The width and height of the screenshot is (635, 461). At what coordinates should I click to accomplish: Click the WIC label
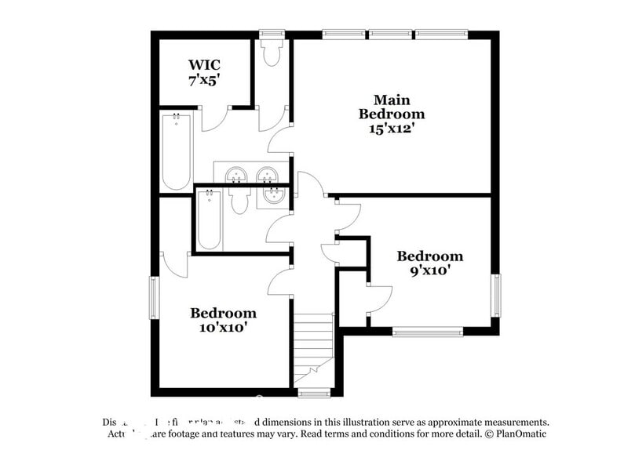click(204, 64)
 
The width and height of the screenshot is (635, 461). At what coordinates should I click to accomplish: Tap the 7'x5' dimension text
click(204, 79)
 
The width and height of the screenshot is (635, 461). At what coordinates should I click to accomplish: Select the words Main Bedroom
click(392, 107)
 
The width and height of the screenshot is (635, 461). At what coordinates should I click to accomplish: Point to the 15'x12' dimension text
click(392, 128)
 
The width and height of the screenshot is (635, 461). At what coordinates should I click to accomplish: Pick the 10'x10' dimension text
click(223, 327)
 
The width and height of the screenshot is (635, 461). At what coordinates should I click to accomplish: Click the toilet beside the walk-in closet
click(272, 53)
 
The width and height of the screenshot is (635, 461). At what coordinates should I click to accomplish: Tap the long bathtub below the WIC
click(175, 151)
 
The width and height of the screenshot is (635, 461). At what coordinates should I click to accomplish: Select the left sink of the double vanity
click(236, 174)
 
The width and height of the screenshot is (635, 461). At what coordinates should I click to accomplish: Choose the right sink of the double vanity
click(268, 174)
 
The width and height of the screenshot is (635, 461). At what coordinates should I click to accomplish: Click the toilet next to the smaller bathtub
click(239, 201)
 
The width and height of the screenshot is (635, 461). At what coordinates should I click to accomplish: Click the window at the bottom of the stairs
click(314, 393)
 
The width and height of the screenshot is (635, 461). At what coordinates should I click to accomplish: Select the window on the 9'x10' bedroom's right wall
click(495, 296)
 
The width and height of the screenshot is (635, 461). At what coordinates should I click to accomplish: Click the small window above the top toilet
click(272, 34)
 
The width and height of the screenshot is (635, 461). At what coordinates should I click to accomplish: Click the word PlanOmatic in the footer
click(518, 434)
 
